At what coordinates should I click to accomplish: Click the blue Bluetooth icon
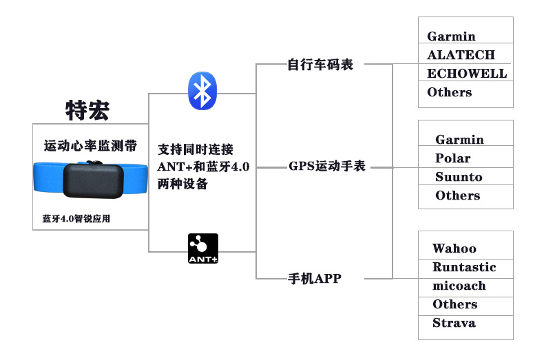pos(202,90)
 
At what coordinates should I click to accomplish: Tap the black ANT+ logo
pos(203,249)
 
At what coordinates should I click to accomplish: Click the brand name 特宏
pos(87,110)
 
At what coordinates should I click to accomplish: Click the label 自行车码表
pos(320,65)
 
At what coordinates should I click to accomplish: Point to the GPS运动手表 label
pos(327,167)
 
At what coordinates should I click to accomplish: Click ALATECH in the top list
pos(461,55)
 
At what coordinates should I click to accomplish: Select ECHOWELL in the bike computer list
pos(466,74)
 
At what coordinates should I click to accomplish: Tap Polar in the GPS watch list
pos(452,158)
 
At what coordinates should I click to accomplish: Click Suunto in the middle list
pos(459,177)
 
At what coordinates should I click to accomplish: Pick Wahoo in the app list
pos(454,248)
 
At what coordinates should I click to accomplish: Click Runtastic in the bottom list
pos(463,267)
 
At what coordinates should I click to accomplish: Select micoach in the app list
pos(459,286)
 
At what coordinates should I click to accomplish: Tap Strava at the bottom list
pos(453,323)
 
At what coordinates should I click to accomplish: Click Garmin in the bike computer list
pos(451,36)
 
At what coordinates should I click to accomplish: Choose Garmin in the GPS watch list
pos(459,140)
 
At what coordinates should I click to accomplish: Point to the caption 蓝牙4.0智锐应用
pos(76,219)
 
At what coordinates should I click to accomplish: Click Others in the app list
pos(454,304)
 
